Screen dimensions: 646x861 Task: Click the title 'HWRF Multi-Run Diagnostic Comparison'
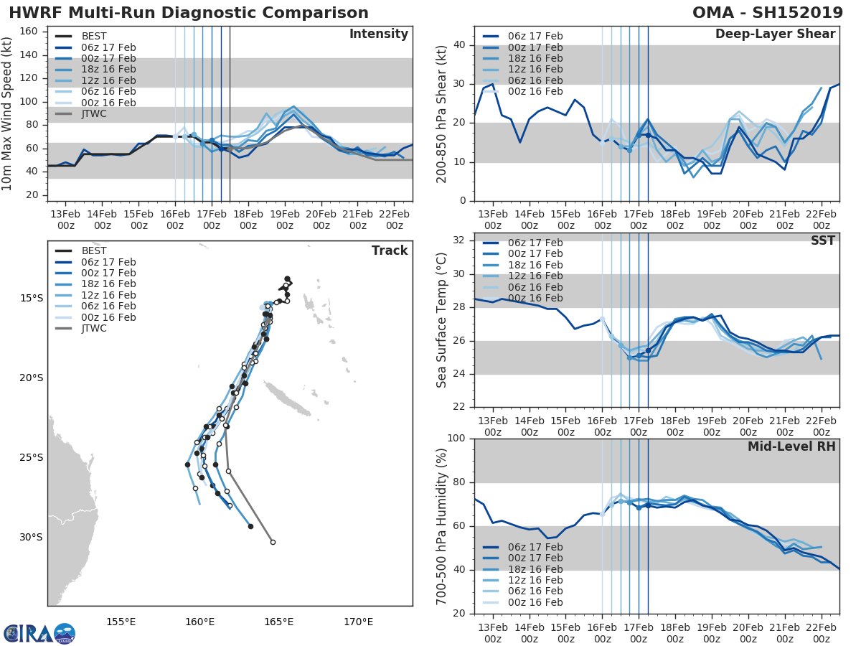click(x=189, y=13)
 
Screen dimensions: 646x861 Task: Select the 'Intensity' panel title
click(x=379, y=34)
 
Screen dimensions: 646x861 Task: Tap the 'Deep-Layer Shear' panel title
click(x=775, y=34)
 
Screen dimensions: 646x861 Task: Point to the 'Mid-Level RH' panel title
click(x=791, y=446)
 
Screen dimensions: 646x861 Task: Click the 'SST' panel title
click(x=823, y=240)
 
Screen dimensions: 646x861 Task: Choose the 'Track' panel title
click(x=390, y=251)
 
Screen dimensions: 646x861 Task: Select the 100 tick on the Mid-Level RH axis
click(x=456, y=439)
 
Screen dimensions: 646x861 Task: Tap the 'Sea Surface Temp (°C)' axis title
click(x=441, y=320)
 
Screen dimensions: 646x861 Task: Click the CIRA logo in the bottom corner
click(x=39, y=633)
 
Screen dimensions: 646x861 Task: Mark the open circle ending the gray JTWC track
click(x=273, y=542)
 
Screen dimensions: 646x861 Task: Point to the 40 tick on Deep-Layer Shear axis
click(x=458, y=45)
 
